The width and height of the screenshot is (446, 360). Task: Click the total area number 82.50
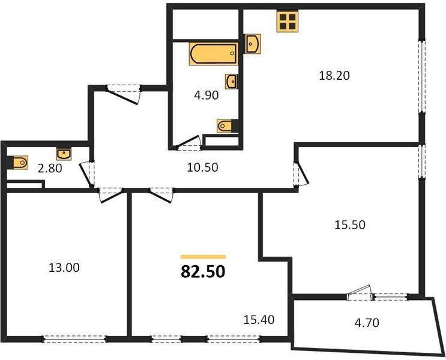coord(203,272)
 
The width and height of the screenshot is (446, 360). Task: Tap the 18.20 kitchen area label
coord(334,76)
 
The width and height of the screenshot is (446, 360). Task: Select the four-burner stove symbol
coord(288,21)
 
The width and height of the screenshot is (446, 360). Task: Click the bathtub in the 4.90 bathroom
coord(214,53)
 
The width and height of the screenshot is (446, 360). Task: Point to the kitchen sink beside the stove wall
coord(253,44)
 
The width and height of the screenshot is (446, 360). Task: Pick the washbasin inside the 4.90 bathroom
coord(232,82)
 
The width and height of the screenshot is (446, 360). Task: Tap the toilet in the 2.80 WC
coord(17,163)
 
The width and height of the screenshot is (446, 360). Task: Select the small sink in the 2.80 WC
coord(64,154)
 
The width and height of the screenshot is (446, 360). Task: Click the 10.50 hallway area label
coord(202,167)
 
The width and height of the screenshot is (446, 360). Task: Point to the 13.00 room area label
coord(64,268)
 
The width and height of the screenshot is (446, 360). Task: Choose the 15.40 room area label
coord(259,320)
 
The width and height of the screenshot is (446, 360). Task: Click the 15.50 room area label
coord(350,225)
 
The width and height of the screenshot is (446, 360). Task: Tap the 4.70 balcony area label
coord(367,323)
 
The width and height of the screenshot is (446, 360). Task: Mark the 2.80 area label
coord(50,169)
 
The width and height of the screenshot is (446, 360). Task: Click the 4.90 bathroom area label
coord(206,95)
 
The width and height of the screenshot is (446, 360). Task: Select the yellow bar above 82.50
coord(203,257)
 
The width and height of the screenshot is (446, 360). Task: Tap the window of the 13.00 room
coord(74,339)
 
